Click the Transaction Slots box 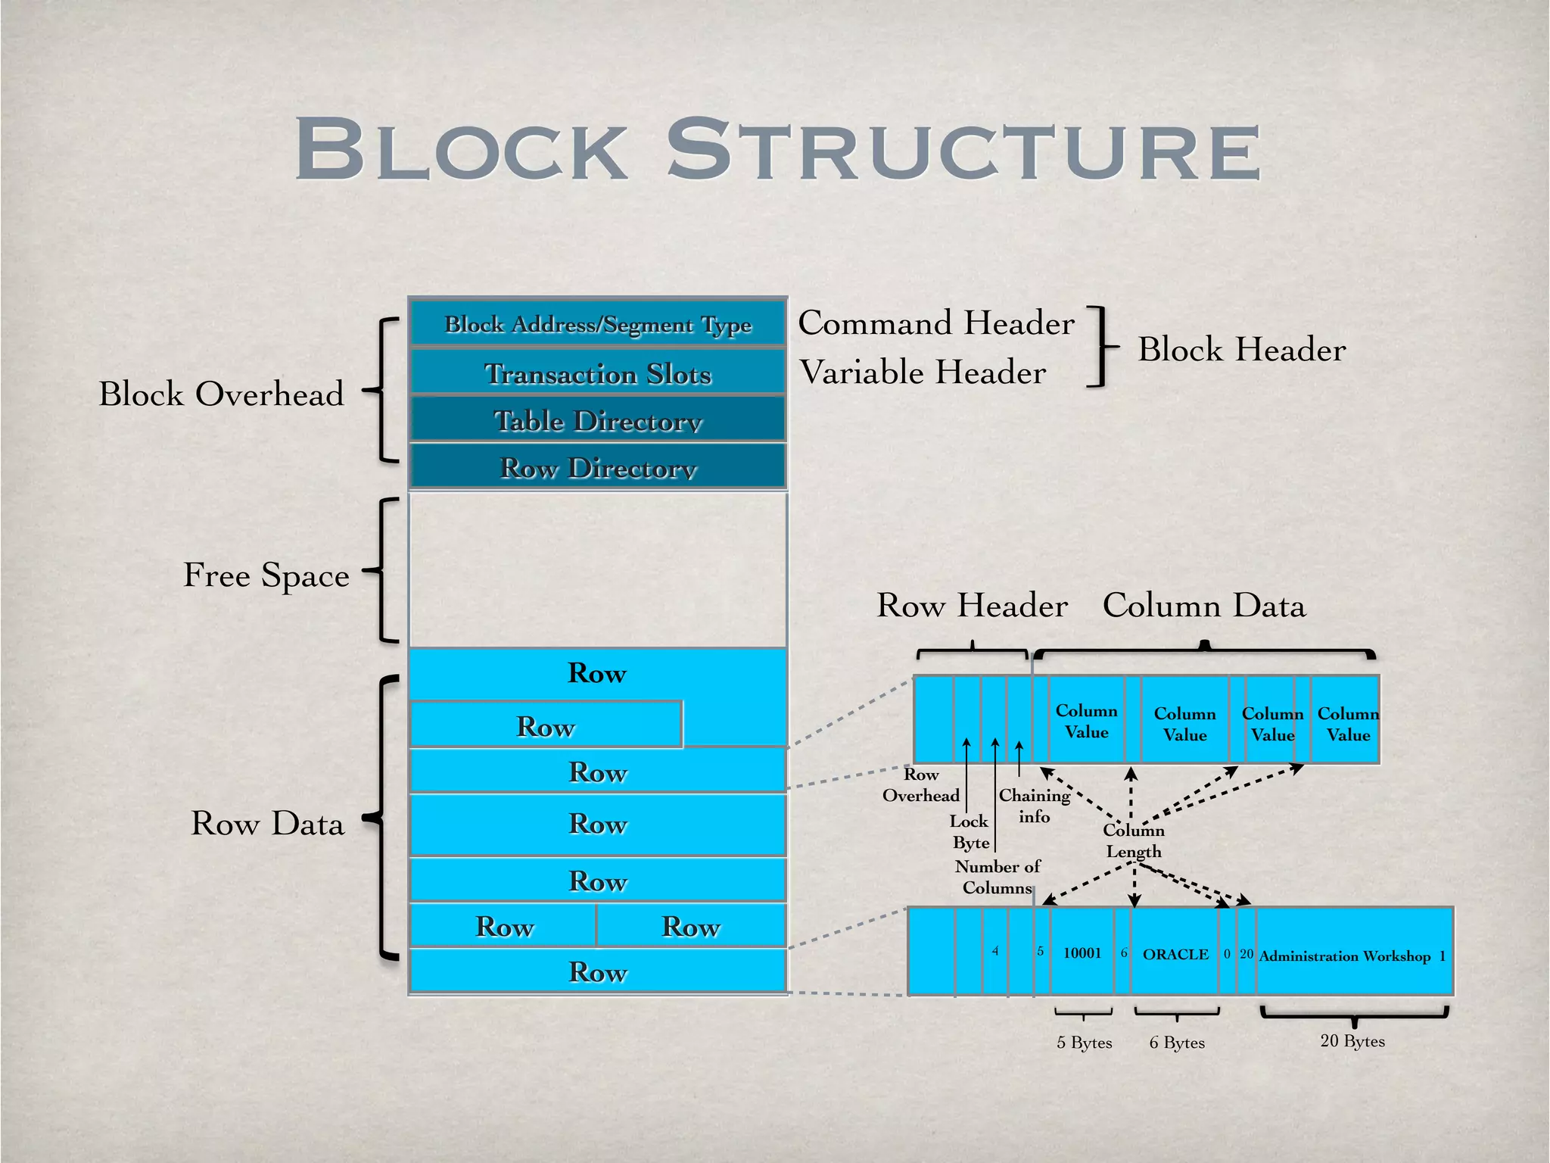coord(598,373)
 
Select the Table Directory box coord(598,420)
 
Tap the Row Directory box coord(598,467)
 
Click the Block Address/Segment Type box coord(598,324)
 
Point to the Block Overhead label coord(221,394)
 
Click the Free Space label coord(266,575)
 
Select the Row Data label coord(267,823)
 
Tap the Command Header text coord(936,323)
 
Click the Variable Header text coord(923,373)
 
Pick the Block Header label coord(1242,350)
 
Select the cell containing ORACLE coord(1175,954)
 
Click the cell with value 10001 coord(1082,953)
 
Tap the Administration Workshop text coord(1345,956)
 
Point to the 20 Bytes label coord(1352,1041)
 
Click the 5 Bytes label coord(1085,1043)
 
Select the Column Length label coord(1134,840)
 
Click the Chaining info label coord(1034,806)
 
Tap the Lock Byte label coord(970,831)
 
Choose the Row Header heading coord(973,606)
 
